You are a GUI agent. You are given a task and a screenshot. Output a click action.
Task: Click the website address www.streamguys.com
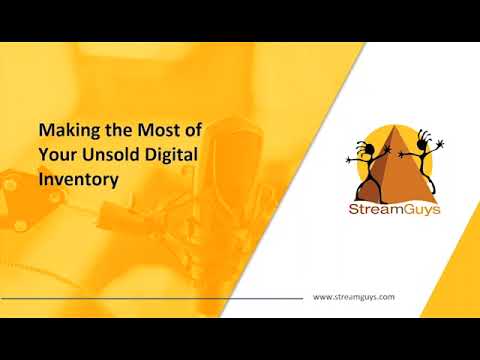pos(355,297)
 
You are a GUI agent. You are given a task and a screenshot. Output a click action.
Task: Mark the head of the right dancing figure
pos(420,147)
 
